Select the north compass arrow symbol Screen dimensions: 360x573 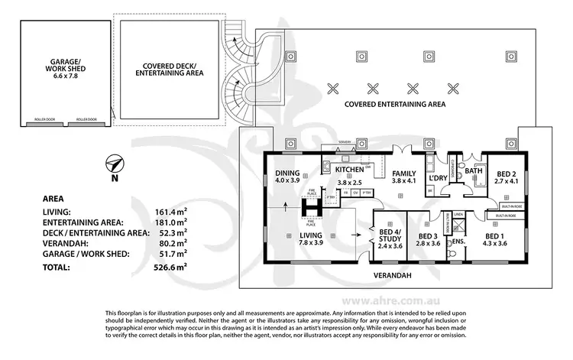[115, 164]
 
